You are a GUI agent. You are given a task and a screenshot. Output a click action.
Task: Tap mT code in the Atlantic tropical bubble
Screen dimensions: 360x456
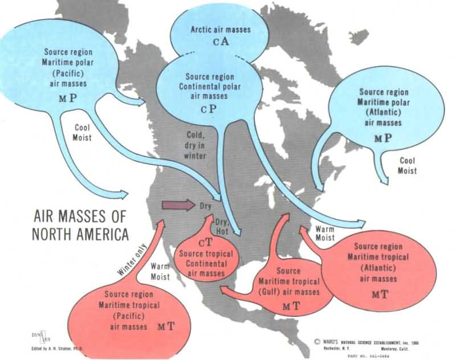380,294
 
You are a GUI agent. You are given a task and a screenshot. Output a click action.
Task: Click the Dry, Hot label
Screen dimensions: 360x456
223,226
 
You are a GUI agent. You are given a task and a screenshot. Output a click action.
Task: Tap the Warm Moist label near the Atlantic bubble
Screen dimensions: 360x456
324,232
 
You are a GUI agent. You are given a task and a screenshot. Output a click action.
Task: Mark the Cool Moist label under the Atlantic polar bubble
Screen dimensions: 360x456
407,166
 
